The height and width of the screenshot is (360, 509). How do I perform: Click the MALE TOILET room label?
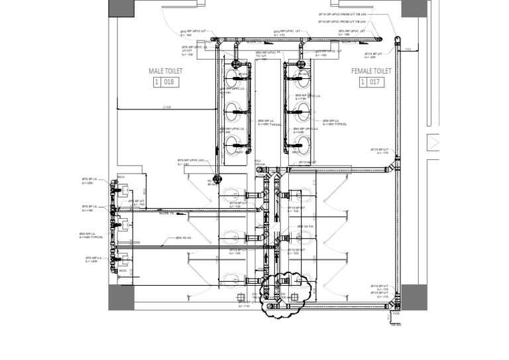coord(165,71)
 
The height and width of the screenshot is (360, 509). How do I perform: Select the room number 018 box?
coord(165,82)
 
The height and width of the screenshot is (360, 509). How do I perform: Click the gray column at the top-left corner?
coord(121,8)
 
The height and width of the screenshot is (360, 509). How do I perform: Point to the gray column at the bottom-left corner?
coord(121,297)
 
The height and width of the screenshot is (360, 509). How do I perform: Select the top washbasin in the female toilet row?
coord(302,77)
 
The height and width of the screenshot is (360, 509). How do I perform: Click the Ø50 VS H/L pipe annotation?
coord(184,238)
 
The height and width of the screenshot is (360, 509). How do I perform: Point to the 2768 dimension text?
coord(167,107)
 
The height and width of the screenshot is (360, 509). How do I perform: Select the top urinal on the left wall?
coord(123,190)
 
